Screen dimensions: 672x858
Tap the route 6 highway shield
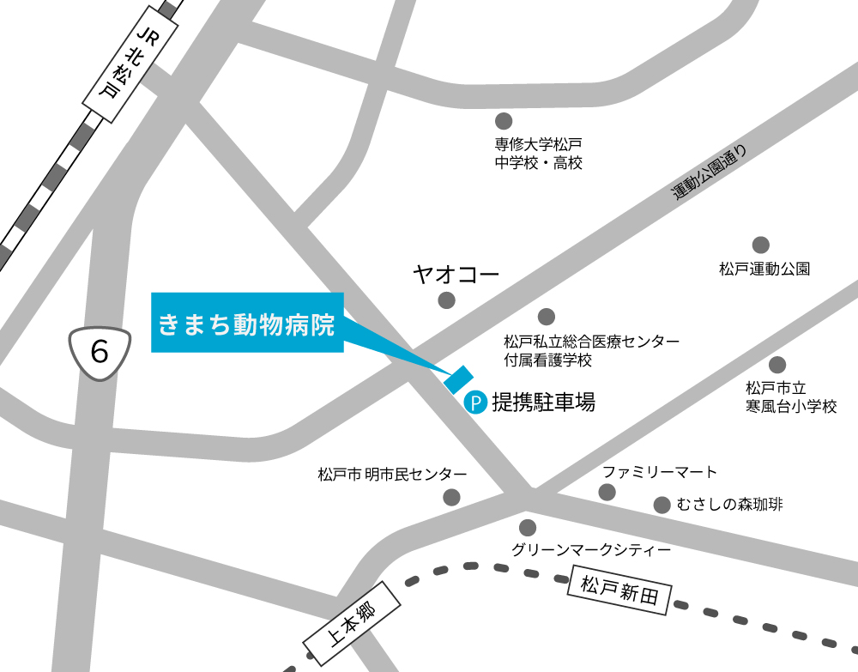click(x=100, y=350)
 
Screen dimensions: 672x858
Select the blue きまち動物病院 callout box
click(x=247, y=323)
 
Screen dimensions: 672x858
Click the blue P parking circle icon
click(x=475, y=401)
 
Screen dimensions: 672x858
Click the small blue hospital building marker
click(x=459, y=378)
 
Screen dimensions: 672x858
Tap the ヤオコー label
click(x=455, y=275)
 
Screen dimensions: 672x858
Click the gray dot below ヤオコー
click(x=446, y=300)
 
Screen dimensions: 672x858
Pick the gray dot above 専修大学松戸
click(x=504, y=121)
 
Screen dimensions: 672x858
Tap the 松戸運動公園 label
click(x=764, y=269)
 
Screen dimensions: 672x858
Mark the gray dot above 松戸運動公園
click(x=760, y=245)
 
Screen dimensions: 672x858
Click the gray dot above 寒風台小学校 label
click(x=777, y=364)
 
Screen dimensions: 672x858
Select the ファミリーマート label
click(x=659, y=472)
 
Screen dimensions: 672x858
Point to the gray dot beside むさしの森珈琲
click(x=662, y=505)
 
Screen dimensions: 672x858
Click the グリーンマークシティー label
click(x=590, y=550)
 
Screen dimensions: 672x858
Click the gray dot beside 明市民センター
click(x=451, y=496)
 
